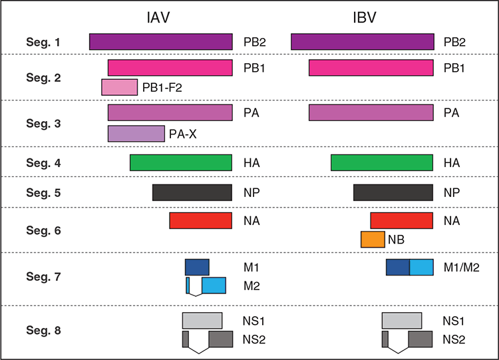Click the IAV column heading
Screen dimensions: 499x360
pyautogui.click(x=158, y=17)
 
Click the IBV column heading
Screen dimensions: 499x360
pyautogui.click(x=365, y=17)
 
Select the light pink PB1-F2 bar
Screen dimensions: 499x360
pyautogui.click(x=120, y=87)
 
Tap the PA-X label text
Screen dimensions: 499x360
pyautogui.click(x=183, y=134)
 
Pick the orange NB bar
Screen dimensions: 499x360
pyautogui.click(x=373, y=240)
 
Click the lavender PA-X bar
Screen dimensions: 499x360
pyautogui.click(x=136, y=134)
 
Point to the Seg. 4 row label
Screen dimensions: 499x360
pyautogui.click(x=43, y=163)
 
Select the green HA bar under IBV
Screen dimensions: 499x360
pyautogui.click(x=382, y=162)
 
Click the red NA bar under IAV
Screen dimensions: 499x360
pyautogui.click(x=201, y=220)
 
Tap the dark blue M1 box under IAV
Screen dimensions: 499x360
pyautogui.click(x=198, y=267)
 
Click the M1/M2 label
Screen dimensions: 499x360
pyautogui.click(x=462, y=268)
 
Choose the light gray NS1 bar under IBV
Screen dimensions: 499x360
pyautogui.click(x=402, y=321)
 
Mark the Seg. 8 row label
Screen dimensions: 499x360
pyautogui.click(x=43, y=331)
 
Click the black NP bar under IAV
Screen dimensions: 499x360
pyautogui.click(x=192, y=192)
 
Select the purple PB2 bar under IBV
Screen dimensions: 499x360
pyautogui.click(x=363, y=42)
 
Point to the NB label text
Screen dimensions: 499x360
pyautogui.click(x=397, y=240)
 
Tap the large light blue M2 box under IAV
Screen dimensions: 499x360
pyautogui.click(x=214, y=285)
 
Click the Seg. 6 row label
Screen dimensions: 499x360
pyautogui.click(x=43, y=230)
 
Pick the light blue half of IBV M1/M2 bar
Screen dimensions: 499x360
pyautogui.click(x=421, y=267)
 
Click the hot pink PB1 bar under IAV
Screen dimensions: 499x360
pyautogui.click(x=170, y=68)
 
